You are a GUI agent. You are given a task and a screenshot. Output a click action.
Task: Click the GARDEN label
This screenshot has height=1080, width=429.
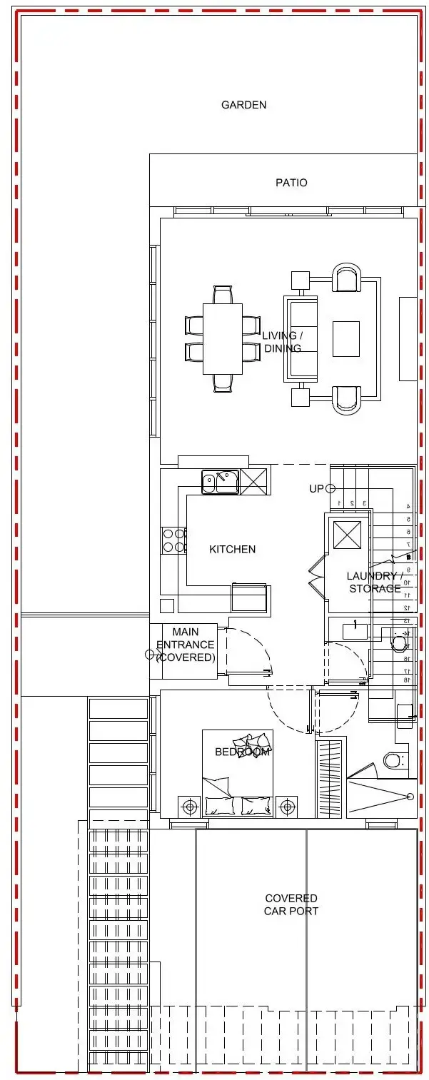coord(243,105)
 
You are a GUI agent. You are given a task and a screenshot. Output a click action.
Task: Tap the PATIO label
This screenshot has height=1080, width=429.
coord(291,183)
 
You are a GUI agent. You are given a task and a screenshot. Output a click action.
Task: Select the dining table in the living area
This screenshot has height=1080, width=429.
coord(223,338)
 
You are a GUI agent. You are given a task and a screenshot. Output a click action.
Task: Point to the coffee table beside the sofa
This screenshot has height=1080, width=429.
coord(346,338)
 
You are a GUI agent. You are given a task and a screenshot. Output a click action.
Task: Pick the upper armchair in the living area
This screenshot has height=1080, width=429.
coord(347,278)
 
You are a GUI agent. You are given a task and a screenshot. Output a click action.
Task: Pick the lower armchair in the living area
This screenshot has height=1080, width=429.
coord(347,399)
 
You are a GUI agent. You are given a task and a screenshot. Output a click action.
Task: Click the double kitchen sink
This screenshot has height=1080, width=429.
coord(219,482)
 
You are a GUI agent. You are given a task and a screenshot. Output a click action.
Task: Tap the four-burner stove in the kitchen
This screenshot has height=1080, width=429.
coord(174,540)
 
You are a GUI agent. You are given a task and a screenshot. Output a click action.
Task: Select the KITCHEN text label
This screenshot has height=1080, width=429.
coord(232,549)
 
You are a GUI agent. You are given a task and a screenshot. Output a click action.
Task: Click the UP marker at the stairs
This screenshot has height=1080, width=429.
coord(316,489)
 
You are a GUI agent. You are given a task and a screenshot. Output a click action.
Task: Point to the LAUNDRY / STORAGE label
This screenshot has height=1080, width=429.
coord(374,582)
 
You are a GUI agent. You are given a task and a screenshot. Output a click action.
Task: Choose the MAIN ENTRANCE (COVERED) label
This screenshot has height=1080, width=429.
coord(186,645)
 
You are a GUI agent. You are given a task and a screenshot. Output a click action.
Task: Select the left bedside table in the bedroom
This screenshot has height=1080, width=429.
coord(189,807)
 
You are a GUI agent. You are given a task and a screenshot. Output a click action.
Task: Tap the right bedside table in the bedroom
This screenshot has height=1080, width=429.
coord(287,807)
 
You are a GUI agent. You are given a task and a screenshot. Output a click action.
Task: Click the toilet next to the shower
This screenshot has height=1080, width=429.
coord(395,759)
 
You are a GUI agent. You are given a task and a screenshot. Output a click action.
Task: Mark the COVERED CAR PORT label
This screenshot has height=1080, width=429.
coord(291,904)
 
